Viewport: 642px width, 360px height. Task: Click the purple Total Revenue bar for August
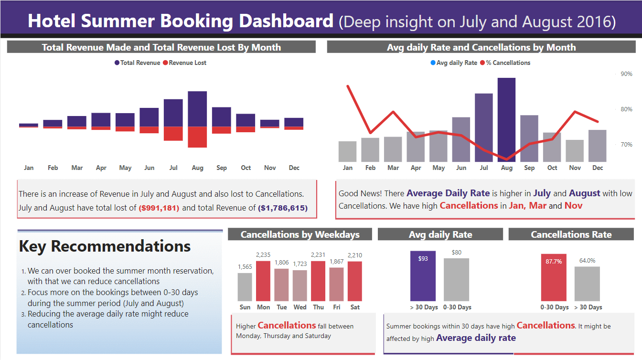(x=197, y=109)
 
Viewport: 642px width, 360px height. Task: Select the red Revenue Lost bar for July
(x=173, y=134)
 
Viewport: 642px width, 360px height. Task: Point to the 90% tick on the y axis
(x=626, y=74)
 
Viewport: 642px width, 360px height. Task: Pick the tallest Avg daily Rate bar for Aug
(x=506, y=119)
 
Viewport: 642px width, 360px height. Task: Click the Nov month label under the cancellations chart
(x=575, y=168)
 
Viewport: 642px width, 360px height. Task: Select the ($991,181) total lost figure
(x=159, y=208)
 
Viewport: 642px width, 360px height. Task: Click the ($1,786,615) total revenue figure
(x=283, y=208)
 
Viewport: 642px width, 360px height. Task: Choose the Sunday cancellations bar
(x=245, y=286)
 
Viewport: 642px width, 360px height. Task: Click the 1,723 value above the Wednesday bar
(x=300, y=264)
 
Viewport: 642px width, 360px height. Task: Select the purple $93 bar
(x=423, y=276)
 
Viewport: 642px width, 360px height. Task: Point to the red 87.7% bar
(x=554, y=277)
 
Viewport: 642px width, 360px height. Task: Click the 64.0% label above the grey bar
(x=587, y=261)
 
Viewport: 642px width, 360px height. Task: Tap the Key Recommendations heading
(x=105, y=246)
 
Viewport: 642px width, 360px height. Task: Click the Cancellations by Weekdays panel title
(x=300, y=234)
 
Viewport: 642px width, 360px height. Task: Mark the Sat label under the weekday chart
(x=355, y=307)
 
